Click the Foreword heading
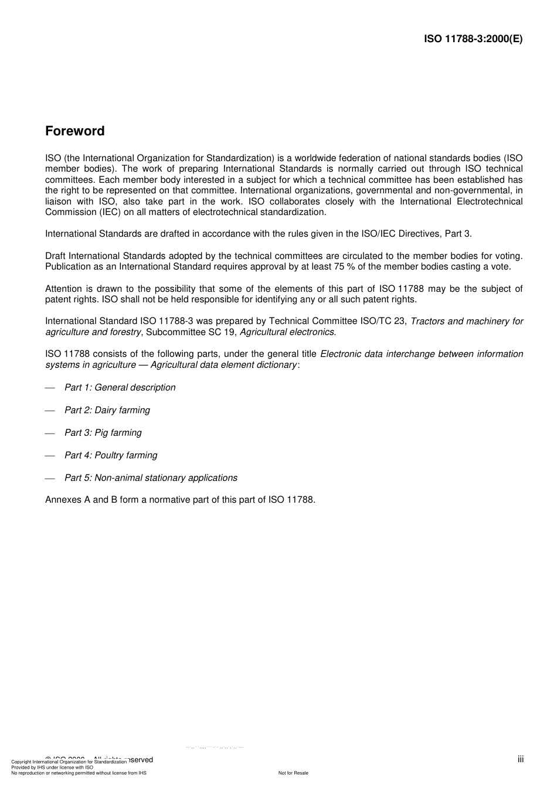pos(75,131)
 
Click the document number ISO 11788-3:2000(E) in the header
pos(473,39)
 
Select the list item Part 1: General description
pos(120,387)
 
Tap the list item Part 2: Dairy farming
pos(107,410)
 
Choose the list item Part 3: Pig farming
pos(103,432)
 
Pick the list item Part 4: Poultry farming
pos(111,455)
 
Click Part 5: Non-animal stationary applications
pos(151,477)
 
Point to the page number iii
pos(520,759)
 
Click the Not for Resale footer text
pos(293,773)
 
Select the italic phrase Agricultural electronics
pos(288,332)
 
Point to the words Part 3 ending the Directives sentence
pos(458,234)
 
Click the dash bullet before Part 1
pos(50,388)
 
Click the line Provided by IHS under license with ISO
pos(52,767)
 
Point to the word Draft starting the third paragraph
pos(56,255)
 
